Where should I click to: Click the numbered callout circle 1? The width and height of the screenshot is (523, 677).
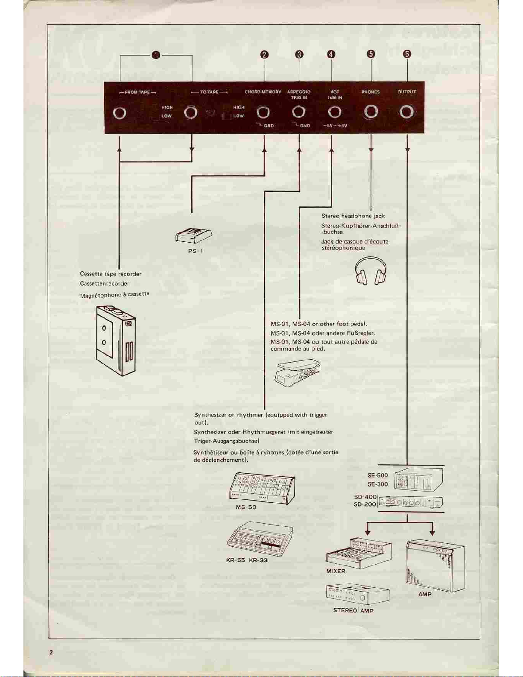pyautogui.click(x=156, y=55)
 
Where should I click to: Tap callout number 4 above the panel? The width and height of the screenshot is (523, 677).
pyautogui.click(x=331, y=54)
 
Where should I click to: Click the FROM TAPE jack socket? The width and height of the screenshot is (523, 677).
pyautogui.click(x=120, y=113)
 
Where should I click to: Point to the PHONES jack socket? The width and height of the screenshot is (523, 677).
pyautogui.click(x=371, y=112)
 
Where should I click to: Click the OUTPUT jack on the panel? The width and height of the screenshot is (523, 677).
pyautogui.click(x=406, y=112)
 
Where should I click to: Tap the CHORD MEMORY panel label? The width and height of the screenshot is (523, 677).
pyautogui.click(x=263, y=92)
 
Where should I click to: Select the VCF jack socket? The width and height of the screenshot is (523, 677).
pyautogui.click(x=334, y=112)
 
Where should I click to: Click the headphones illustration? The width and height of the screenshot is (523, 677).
pyautogui.click(x=371, y=271)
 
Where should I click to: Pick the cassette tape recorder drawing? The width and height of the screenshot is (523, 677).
pyautogui.click(x=116, y=340)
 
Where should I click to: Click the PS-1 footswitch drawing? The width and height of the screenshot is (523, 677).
pyautogui.click(x=194, y=235)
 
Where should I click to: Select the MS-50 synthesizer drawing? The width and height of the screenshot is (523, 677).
pyautogui.click(x=262, y=488)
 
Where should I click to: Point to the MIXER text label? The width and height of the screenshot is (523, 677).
pyautogui.click(x=336, y=571)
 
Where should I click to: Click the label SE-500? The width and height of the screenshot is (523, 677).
pyautogui.click(x=377, y=475)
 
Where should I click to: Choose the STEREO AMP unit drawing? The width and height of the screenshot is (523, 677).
pyautogui.click(x=357, y=595)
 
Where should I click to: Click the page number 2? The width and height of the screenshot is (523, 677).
pyautogui.click(x=51, y=652)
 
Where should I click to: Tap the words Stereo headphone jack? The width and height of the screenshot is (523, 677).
pyautogui.click(x=353, y=216)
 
